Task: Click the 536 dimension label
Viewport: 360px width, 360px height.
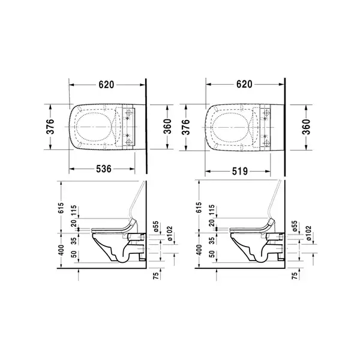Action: (x=104, y=169)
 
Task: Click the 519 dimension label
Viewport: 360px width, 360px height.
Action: (x=240, y=171)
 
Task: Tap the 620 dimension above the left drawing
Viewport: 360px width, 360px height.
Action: (x=106, y=85)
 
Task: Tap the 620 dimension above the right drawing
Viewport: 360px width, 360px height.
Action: (x=244, y=84)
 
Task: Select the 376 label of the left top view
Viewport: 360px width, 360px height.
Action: (x=50, y=127)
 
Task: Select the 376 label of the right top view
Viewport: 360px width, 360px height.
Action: (x=185, y=127)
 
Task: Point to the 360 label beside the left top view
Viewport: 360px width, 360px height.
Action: (x=167, y=127)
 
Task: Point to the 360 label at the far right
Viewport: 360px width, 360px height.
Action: (x=306, y=127)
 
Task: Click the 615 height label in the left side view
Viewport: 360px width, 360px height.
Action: (x=61, y=208)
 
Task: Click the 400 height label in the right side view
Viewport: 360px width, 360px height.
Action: (x=199, y=250)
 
